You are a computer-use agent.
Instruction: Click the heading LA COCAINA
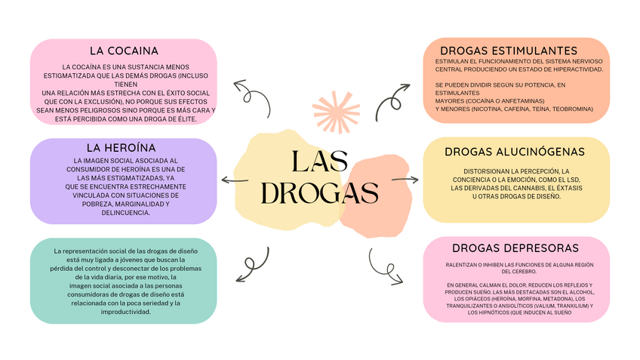123,51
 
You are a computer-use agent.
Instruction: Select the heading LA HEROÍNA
121,147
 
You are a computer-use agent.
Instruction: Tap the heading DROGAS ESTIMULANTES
515,51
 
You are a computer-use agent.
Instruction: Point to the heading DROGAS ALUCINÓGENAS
515,152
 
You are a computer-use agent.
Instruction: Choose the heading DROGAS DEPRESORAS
515,248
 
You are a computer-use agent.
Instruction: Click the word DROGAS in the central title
319,193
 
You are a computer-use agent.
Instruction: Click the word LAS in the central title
319,161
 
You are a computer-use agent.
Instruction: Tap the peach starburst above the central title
335,111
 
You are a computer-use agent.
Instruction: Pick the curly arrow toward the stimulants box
392,98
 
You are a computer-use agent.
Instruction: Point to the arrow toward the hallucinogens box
405,180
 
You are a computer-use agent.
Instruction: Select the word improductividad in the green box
123,312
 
